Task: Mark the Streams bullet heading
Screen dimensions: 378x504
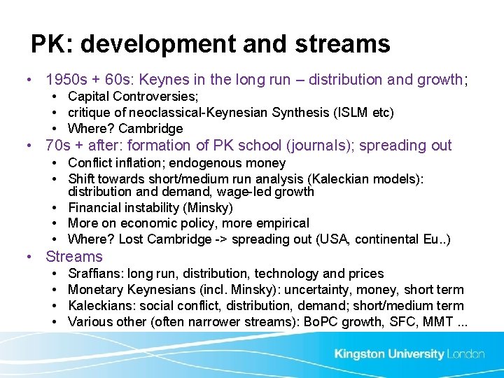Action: click(73, 257)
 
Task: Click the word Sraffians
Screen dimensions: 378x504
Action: click(94, 274)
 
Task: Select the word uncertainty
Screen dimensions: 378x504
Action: click(304, 290)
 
